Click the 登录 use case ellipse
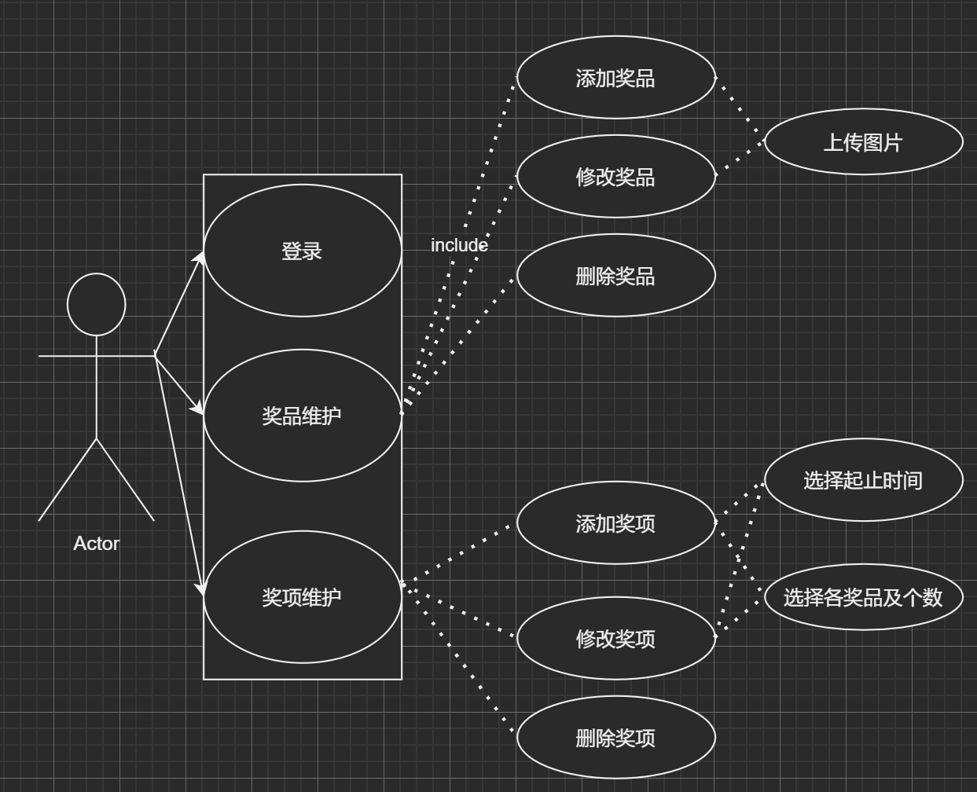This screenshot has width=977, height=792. coord(303,251)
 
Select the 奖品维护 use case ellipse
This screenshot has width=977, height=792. coord(303,416)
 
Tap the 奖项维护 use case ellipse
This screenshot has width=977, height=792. coord(303,597)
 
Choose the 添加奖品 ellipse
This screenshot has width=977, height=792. coord(615,78)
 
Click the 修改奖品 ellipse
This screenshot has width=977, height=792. coord(615,177)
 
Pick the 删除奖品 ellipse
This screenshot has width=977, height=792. coord(615,276)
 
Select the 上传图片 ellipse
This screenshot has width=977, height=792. coord(863,142)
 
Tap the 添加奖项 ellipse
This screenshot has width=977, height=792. coord(615,523)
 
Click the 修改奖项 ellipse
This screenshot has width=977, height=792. coord(615,639)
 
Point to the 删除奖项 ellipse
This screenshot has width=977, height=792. coord(615,738)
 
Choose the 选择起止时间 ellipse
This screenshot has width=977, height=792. coord(863,480)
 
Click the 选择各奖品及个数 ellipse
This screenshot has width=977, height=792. coord(863,597)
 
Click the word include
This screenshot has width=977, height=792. coord(459,245)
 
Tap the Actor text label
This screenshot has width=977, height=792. coord(96,544)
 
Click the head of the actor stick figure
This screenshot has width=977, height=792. coord(97,305)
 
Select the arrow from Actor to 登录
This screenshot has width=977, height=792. coord(179,304)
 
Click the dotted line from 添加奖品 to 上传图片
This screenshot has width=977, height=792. coord(740,109)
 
